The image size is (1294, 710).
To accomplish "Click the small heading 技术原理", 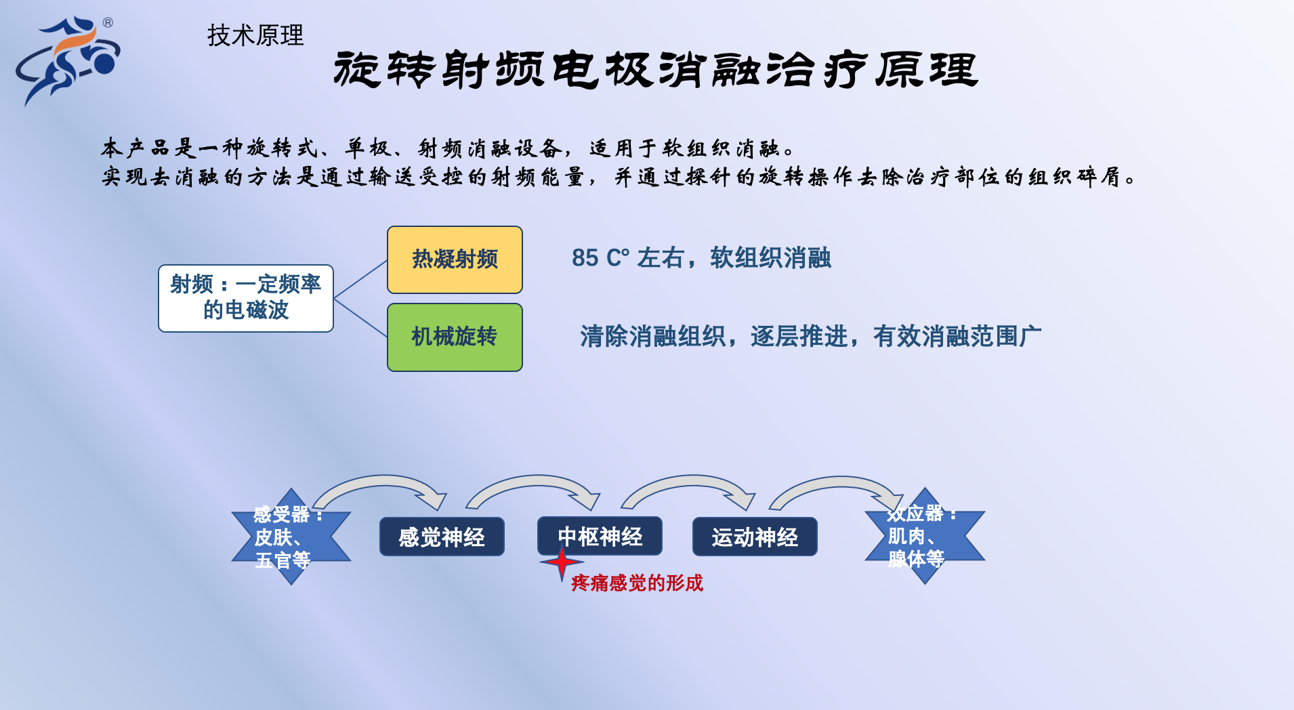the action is point(255,35).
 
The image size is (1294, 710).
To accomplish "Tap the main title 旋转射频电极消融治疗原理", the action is point(656,70).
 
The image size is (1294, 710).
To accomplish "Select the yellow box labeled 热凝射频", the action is point(455,259).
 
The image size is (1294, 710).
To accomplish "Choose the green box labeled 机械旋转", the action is point(455,337).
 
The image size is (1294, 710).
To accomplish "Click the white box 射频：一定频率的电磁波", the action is point(246,298).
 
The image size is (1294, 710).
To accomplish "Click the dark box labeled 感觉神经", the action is point(442,537).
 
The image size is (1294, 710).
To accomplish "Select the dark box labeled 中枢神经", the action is point(600,536).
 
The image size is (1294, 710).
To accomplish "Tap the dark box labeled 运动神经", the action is point(755,537).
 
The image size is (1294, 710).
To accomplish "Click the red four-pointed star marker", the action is point(562,562).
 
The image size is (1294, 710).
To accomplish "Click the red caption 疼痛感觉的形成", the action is point(637,583).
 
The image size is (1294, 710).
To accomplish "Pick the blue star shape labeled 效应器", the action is point(925,536).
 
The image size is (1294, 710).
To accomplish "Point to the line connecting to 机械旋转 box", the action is point(360,318).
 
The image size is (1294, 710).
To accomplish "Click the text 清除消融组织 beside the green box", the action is point(653,337).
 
